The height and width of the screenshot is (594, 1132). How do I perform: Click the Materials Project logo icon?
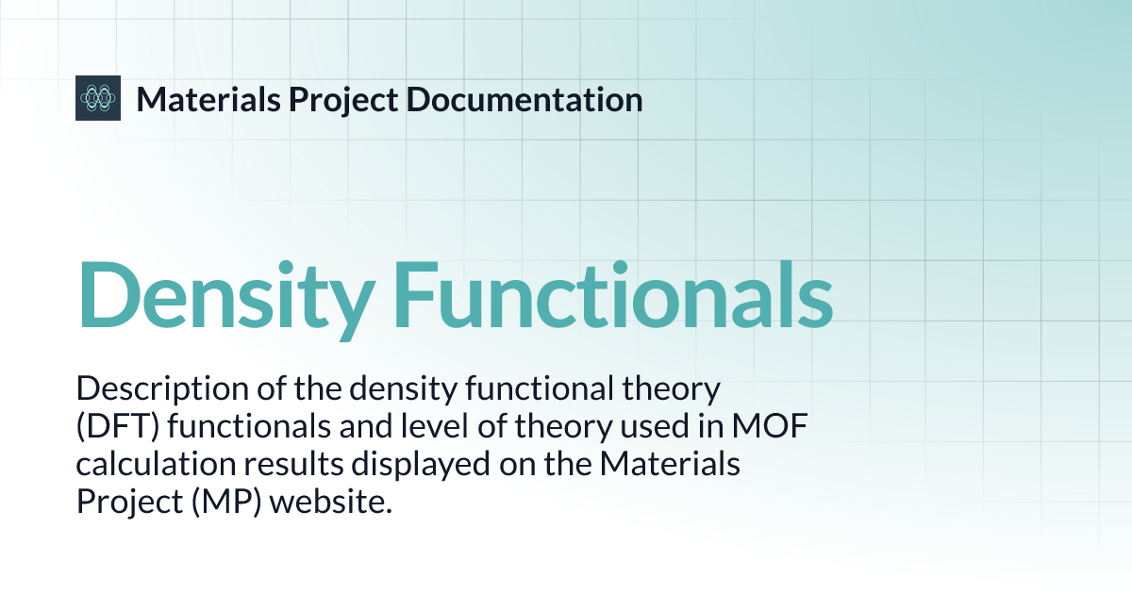(98, 97)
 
